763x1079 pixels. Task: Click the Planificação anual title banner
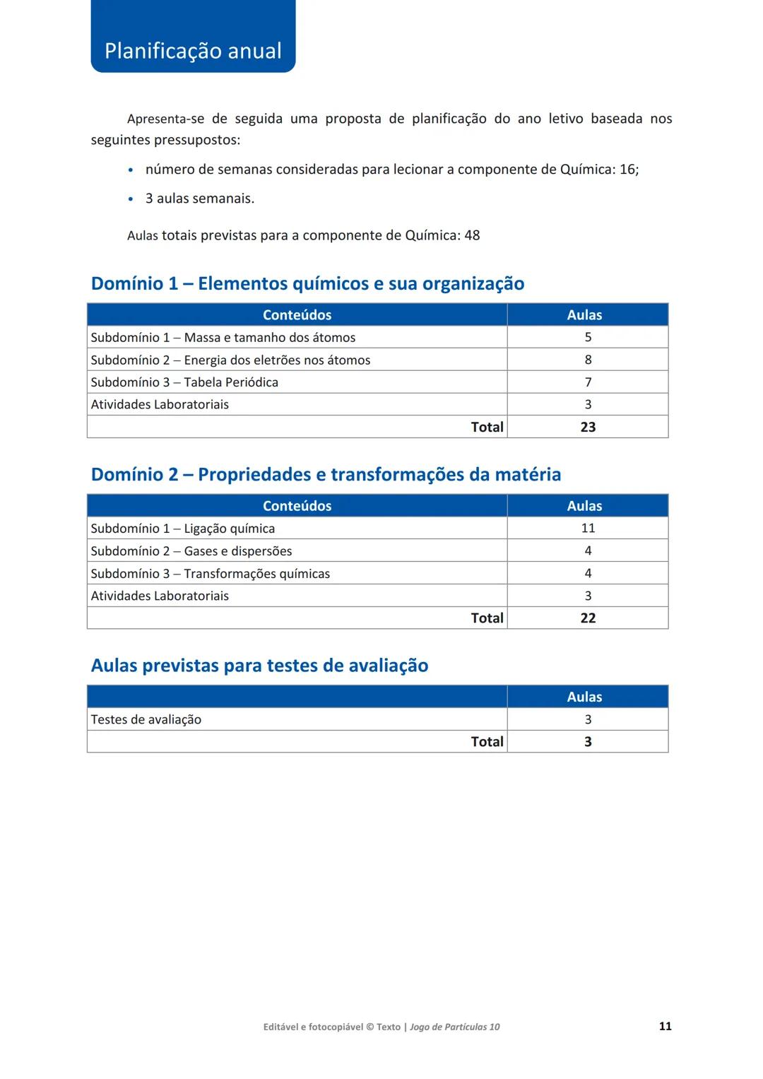tap(193, 50)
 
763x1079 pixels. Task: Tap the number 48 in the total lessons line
tap(472, 235)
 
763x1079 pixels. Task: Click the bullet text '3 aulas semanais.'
tap(199, 199)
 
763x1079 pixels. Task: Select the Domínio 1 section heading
tap(307, 283)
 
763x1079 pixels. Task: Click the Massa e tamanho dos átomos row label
tap(223, 338)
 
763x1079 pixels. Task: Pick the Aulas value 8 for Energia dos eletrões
tap(588, 360)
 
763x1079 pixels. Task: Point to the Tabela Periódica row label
tap(184, 382)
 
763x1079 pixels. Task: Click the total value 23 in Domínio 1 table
tap(588, 427)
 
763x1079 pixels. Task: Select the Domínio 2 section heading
tap(326, 474)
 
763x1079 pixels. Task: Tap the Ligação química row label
tap(182, 529)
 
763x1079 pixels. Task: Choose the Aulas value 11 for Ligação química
tap(588, 529)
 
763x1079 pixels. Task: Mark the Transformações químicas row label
tap(210, 574)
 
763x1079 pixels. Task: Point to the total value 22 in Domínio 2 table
tap(588, 618)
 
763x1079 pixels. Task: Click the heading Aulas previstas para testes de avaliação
tap(259, 666)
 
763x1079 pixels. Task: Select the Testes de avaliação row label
tap(146, 719)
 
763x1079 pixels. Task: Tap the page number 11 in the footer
tap(665, 1026)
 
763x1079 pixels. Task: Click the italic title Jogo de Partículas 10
tap(454, 1027)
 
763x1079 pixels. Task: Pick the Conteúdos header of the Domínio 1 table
tap(297, 315)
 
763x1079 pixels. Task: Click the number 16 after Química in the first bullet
tap(627, 170)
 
